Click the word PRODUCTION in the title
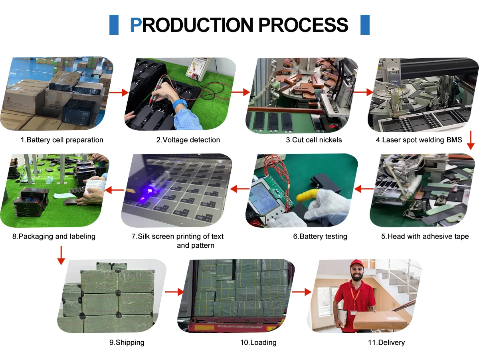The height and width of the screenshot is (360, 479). (x=191, y=25)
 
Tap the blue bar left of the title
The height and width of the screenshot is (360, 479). (x=114, y=25)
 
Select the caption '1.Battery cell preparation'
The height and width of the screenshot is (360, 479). (x=62, y=140)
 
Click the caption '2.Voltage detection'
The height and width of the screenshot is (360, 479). (x=188, y=140)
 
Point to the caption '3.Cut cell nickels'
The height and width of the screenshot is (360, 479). (x=314, y=140)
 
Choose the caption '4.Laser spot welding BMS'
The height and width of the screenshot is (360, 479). (x=419, y=140)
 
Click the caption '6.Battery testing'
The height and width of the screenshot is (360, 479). (x=320, y=237)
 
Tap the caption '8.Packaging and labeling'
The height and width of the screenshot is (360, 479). (x=53, y=237)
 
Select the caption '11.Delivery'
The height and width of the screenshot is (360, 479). (x=386, y=342)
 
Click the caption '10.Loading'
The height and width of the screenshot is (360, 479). (x=258, y=342)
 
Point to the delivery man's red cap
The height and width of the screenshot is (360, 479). (x=356, y=263)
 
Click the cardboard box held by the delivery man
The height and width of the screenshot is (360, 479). (x=380, y=320)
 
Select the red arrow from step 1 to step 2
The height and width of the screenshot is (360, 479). (x=119, y=92)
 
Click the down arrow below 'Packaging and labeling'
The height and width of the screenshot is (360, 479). (x=61, y=255)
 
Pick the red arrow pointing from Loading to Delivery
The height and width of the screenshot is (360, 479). (x=302, y=292)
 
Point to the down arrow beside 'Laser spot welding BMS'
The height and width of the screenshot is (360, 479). (x=471, y=140)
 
